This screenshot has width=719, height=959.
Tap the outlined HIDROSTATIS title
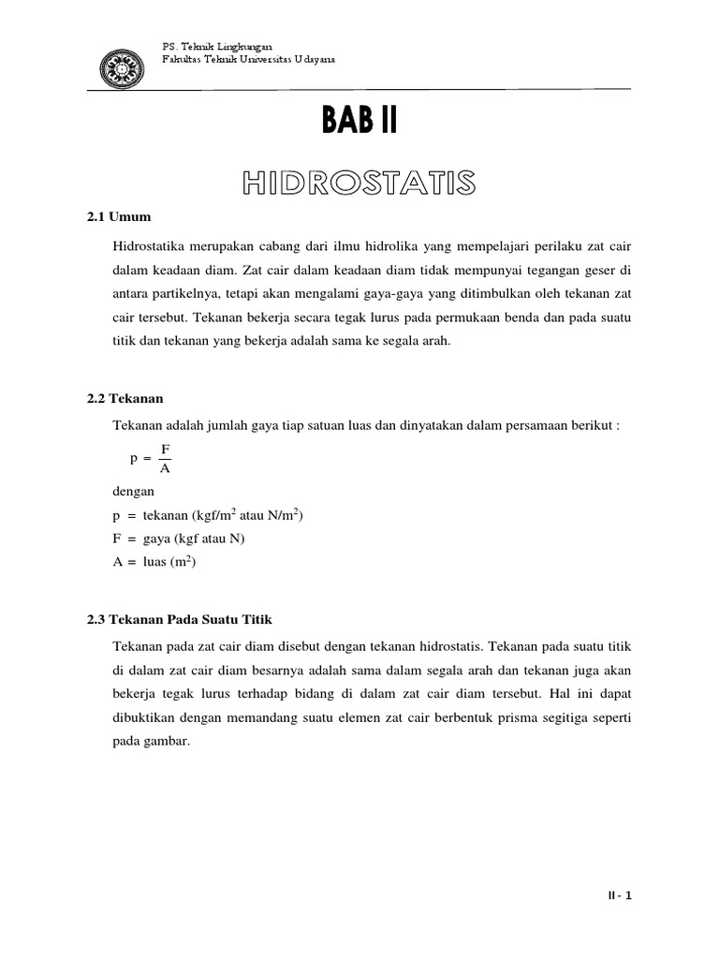(x=360, y=182)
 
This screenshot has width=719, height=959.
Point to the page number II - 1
(x=619, y=895)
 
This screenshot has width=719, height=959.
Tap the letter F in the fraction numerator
(x=165, y=450)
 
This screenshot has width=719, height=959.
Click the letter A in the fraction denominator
(x=165, y=468)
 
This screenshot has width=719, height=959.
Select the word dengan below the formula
(x=133, y=490)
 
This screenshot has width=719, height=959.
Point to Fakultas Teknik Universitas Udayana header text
(x=248, y=59)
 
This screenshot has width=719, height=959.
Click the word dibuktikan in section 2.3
(x=148, y=717)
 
